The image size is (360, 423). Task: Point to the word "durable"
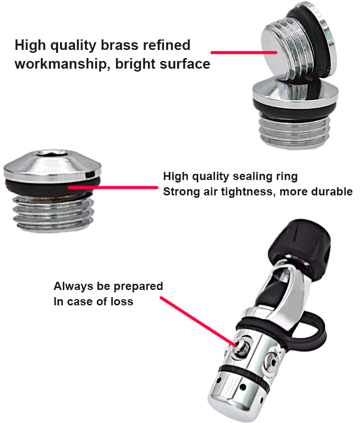[332, 191]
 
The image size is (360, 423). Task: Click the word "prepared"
[138, 287]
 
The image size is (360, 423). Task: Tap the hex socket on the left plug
[52, 153]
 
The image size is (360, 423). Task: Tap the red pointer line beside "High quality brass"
[244, 52]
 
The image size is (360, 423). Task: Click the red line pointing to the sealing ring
[113, 187]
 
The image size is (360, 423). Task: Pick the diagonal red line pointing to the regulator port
[198, 321]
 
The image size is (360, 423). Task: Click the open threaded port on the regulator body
[241, 346]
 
